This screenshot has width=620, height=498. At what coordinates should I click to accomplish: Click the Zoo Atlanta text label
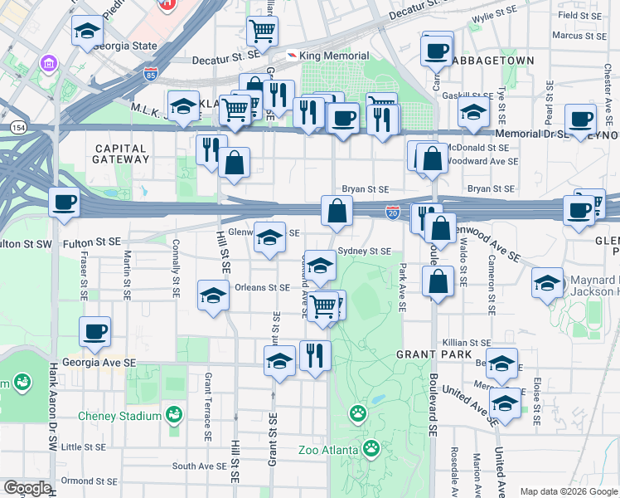(x=328, y=451)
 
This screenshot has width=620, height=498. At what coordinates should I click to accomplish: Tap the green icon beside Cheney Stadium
(x=173, y=414)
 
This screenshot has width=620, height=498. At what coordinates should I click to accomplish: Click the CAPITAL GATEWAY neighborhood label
(x=121, y=154)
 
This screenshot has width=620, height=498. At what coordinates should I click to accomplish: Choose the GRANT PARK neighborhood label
(x=399, y=354)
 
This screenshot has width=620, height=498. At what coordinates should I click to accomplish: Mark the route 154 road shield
(x=17, y=127)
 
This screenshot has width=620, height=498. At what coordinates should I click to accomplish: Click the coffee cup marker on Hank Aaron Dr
(x=64, y=202)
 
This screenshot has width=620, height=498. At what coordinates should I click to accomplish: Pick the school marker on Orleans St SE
(x=213, y=295)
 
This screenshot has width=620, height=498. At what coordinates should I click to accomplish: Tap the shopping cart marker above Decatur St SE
(x=262, y=31)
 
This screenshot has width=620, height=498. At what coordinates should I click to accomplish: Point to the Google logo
(x=27, y=488)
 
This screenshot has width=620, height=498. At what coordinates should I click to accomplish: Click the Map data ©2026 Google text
(x=568, y=491)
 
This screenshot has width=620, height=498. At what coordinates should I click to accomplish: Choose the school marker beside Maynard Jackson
(x=548, y=282)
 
